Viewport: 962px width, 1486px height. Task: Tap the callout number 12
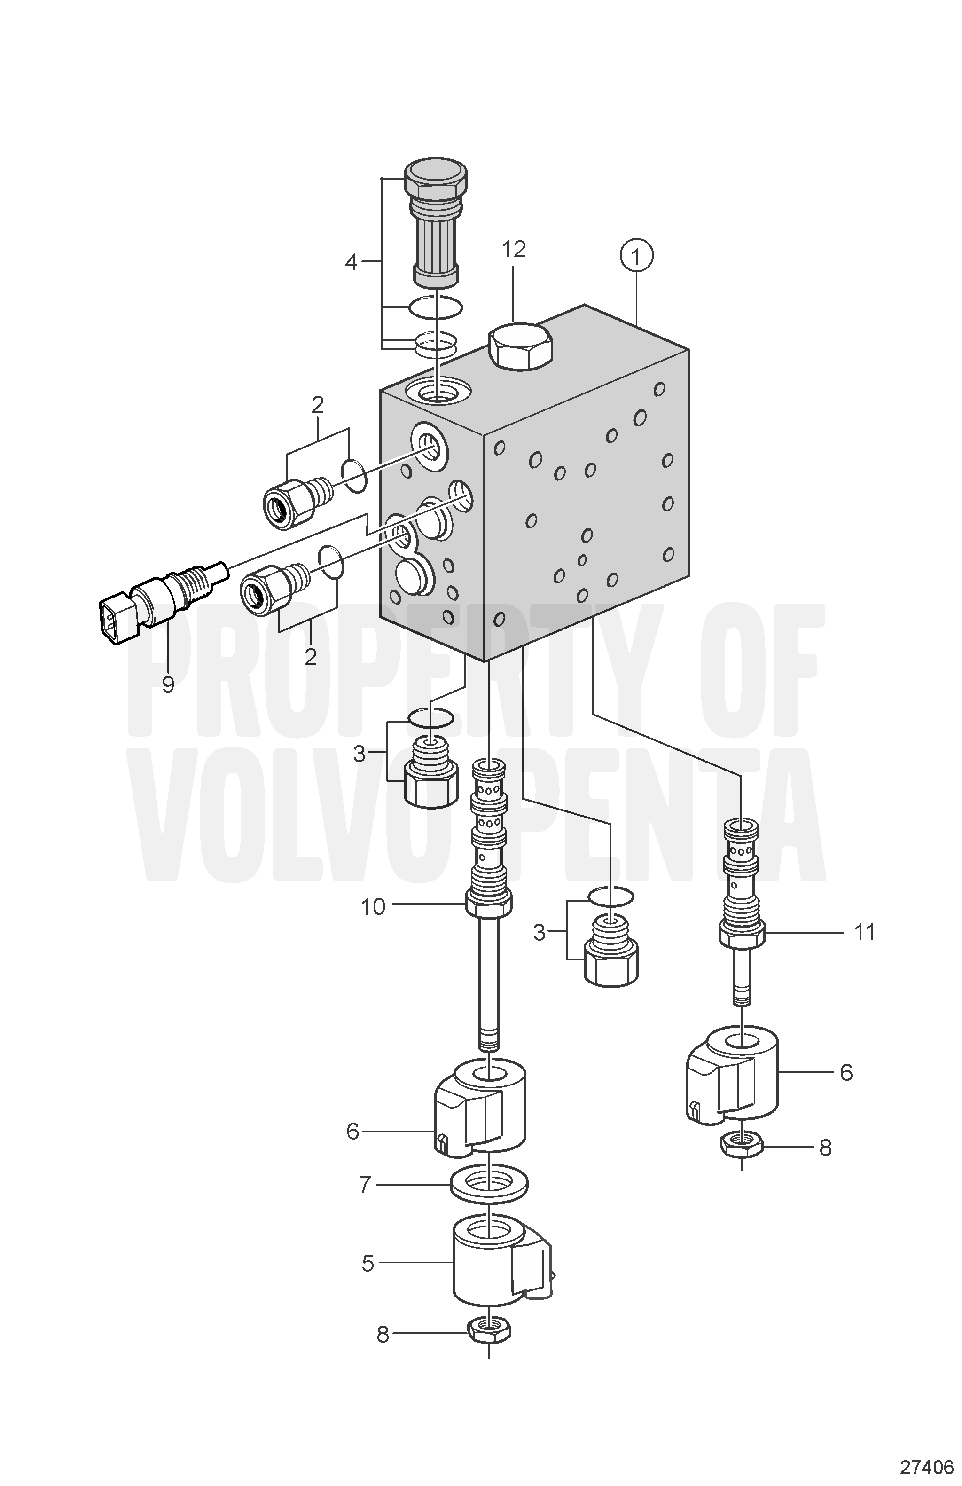pyautogui.click(x=514, y=249)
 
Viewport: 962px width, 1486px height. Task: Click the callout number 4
pyautogui.click(x=351, y=263)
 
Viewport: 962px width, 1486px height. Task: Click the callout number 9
pyautogui.click(x=168, y=685)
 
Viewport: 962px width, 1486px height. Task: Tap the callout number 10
pyautogui.click(x=373, y=906)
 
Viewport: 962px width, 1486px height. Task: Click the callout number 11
pyautogui.click(x=864, y=933)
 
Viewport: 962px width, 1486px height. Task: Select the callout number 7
pyautogui.click(x=365, y=1185)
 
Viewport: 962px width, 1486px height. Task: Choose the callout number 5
pyautogui.click(x=368, y=1264)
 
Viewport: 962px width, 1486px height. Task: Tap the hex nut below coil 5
pyautogui.click(x=489, y=1334)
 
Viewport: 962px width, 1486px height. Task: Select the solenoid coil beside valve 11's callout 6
pyautogui.click(x=732, y=1075)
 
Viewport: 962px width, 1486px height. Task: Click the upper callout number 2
pyautogui.click(x=318, y=405)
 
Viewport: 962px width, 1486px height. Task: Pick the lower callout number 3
pyautogui.click(x=540, y=934)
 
